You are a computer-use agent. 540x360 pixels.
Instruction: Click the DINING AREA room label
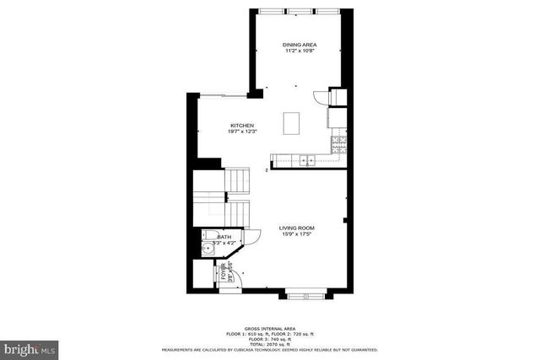point(299,44)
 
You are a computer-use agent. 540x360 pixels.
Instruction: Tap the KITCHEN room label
point(242,126)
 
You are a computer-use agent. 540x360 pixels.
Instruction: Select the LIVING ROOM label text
point(297,228)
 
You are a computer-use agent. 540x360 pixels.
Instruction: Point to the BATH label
point(224,238)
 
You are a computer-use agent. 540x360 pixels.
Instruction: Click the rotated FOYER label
point(224,273)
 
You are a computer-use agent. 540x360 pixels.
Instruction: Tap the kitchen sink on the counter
point(305,159)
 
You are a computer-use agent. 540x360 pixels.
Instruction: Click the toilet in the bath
point(211,237)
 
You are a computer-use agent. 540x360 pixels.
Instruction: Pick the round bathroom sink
point(208,250)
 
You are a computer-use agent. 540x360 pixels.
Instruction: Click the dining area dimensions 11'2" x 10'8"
point(299,51)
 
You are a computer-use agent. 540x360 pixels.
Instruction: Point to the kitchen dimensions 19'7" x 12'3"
point(242,132)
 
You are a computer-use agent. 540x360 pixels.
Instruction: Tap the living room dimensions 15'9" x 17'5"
point(297,234)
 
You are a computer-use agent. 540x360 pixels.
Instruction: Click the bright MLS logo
point(30,347)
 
